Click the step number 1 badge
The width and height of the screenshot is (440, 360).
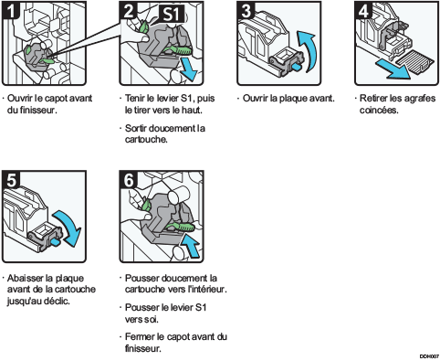[x=13, y=11]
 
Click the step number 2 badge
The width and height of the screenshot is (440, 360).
[x=129, y=11]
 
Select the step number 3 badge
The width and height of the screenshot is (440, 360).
[x=245, y=11]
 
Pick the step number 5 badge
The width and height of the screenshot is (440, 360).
[x=13, y=180]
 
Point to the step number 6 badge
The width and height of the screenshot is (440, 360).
[x=129, y=180]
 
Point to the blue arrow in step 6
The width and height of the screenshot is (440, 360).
[x=189, y=243]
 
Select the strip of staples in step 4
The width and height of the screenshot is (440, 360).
[x=416, y=61]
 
